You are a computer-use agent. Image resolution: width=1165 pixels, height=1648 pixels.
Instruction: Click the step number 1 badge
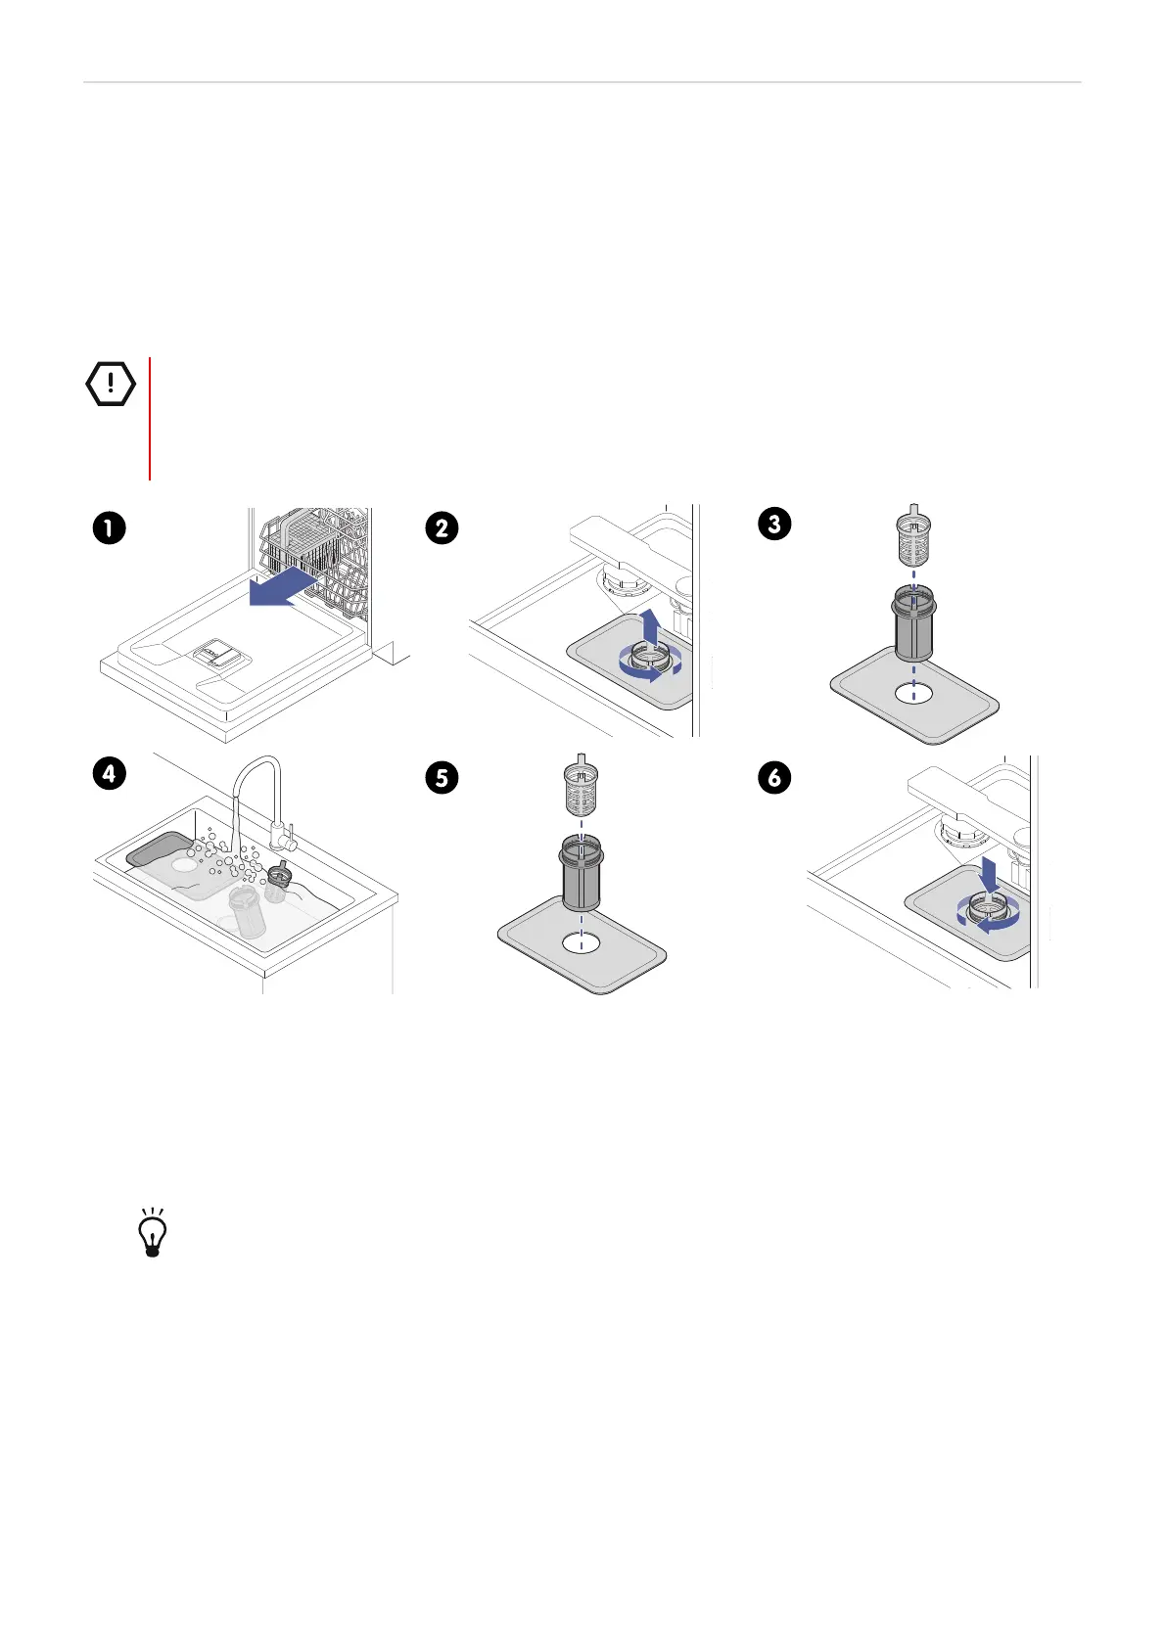point(109,528)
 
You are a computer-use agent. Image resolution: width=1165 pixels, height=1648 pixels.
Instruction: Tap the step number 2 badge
point(442,528)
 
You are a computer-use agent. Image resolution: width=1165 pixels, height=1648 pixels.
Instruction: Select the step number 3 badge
point(774,524)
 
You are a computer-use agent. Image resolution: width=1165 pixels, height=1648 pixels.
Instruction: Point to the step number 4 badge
point(109,773)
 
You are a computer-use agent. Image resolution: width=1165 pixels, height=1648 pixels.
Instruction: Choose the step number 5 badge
point(442,778)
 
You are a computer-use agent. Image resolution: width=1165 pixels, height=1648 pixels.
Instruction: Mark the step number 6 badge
point(774,778)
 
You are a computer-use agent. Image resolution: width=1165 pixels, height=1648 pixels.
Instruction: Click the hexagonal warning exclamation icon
point(111,384)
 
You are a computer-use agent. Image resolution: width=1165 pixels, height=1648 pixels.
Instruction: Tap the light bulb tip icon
point(153,1231)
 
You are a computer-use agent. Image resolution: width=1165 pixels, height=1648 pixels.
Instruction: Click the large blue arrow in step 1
point(283,585)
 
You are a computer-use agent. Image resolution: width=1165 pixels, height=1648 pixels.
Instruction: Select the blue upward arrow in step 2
point(651,627)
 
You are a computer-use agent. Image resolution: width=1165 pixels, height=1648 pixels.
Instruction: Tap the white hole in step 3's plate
point(914,693)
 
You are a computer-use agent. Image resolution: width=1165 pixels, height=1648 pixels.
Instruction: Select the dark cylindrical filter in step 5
point(582,874)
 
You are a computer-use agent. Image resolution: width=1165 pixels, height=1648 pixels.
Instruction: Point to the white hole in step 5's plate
point(582,943)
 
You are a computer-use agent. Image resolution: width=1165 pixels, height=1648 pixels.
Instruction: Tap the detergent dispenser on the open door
point(216,654)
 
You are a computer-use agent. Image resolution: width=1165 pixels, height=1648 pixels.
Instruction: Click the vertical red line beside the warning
point(150,419)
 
